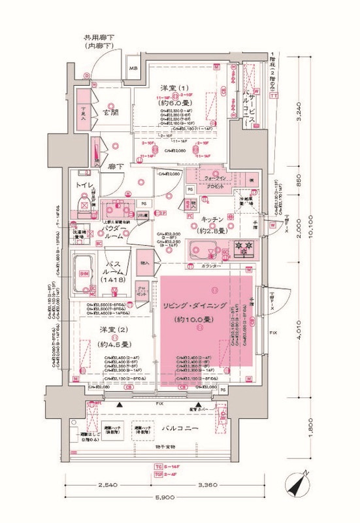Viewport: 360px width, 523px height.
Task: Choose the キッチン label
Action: pyautogui.click(x=213, y=219)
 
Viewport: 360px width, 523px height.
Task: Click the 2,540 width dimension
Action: pyautogui.click(x=113, y=486)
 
